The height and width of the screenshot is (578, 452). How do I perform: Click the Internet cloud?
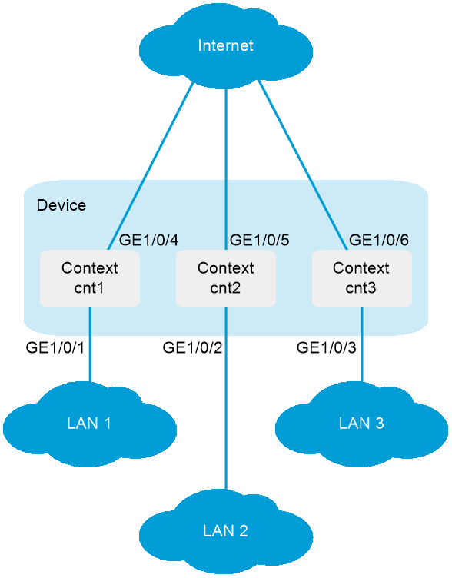point(226,46)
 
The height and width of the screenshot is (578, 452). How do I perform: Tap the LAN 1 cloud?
point(90,424)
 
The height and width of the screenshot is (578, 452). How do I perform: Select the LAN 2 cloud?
point(226,532)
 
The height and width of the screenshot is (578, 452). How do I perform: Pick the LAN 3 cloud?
point(361,424)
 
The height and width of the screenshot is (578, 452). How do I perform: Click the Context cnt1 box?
point(90,279)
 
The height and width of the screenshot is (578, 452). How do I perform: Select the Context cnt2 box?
point(226,279)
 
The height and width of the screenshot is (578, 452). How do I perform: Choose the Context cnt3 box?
point(361,279)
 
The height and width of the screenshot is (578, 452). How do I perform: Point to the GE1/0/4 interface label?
point(148,241)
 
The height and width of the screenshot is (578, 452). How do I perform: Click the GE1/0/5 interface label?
point(259,241)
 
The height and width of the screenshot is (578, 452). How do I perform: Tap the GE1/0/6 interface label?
point(379,241)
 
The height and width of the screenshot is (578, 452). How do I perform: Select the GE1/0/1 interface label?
point(55,347)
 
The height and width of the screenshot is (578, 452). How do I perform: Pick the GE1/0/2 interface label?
point(192,347)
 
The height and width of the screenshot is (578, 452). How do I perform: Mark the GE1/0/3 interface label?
point(326,347)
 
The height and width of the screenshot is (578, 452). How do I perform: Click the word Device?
point(61,205)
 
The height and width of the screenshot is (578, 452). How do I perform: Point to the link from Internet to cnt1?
point(151,166)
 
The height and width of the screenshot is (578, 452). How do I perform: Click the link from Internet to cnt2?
point(226,170)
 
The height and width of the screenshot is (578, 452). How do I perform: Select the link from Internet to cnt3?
point(302,164)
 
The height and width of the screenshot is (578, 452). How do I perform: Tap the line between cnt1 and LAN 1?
point(90,345)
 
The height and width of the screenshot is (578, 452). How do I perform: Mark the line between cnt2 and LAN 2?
point(226,398)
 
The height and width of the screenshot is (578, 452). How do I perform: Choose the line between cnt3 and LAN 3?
point(361,345)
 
